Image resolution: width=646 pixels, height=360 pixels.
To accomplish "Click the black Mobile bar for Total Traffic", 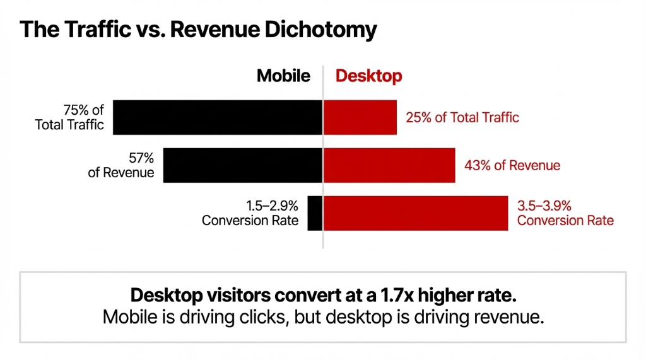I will pos(218,117).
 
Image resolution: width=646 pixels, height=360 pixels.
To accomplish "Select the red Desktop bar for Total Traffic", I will pos(360,117).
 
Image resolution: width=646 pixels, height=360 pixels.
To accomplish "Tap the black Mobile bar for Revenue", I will pos(243,165).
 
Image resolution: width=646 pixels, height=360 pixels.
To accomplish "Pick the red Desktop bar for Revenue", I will pos(389,165).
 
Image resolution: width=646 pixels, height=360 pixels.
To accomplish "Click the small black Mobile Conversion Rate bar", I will pos(315,213).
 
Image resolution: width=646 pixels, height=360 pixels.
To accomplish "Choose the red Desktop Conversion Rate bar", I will pos(416,213).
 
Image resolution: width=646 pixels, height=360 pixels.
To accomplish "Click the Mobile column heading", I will pos(283,76).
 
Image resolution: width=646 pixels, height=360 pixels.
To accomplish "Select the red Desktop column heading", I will pos(368,76).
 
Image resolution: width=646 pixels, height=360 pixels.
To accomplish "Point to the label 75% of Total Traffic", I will pos(70,117).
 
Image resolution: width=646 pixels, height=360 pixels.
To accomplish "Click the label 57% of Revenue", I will pos(121,165).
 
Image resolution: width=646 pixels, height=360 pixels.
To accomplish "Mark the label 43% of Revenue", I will pos(512,166).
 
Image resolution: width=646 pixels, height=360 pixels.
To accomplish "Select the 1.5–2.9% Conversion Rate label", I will pos(250,213).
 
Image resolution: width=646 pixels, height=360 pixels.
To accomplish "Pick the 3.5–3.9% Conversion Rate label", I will pos(565,213).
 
